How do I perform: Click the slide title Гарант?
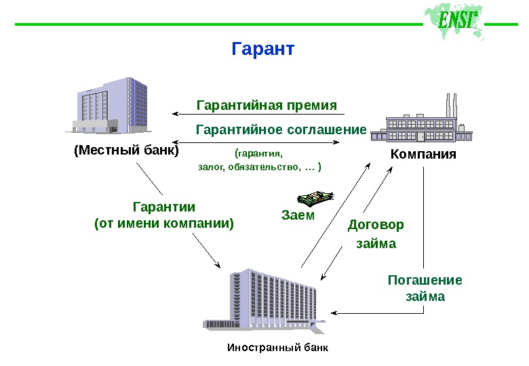click(x=263, y=49)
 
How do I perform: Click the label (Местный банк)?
click(x=126, y=150)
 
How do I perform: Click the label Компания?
click(x=423, y=155)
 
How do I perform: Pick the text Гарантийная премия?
click(x=267, y=106)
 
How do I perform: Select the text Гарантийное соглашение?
click(x=281, y=129)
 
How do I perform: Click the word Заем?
click(x=298, y=216)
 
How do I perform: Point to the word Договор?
click(x=376, y=224)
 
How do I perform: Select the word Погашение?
click(x=425, y=280)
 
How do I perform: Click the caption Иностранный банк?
click(x=277, y=348)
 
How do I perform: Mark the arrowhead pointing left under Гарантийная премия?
click(x=175, y=113)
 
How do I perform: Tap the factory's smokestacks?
click(x=450, y=105)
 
